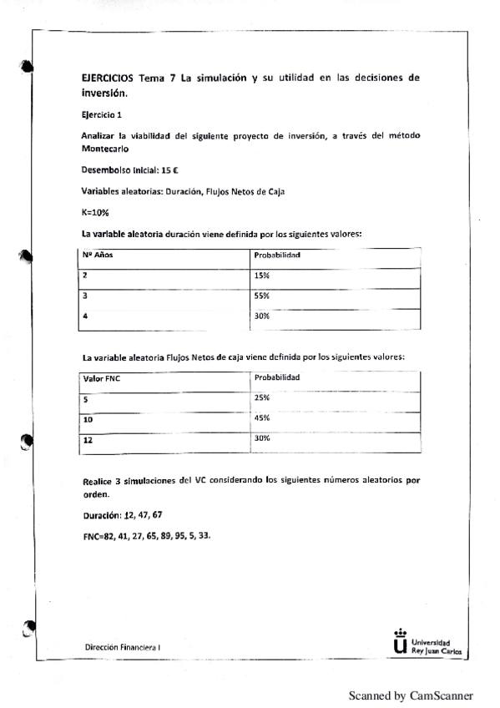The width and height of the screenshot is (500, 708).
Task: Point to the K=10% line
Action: coord(95,212)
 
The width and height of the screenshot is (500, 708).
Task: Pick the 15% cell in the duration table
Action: coord(261,276)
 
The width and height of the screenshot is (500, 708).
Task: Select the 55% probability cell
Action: coord(261,296)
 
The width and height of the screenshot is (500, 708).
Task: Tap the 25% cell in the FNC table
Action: coord(261,397)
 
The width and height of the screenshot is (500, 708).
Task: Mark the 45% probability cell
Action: coord(261,417)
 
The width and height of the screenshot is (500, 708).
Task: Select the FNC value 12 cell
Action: coord(88,439)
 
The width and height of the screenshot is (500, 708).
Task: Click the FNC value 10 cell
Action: coord(88,419)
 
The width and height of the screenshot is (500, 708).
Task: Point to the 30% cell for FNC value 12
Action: coord(261,437)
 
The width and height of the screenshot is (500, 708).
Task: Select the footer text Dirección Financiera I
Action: coord(124,647)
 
